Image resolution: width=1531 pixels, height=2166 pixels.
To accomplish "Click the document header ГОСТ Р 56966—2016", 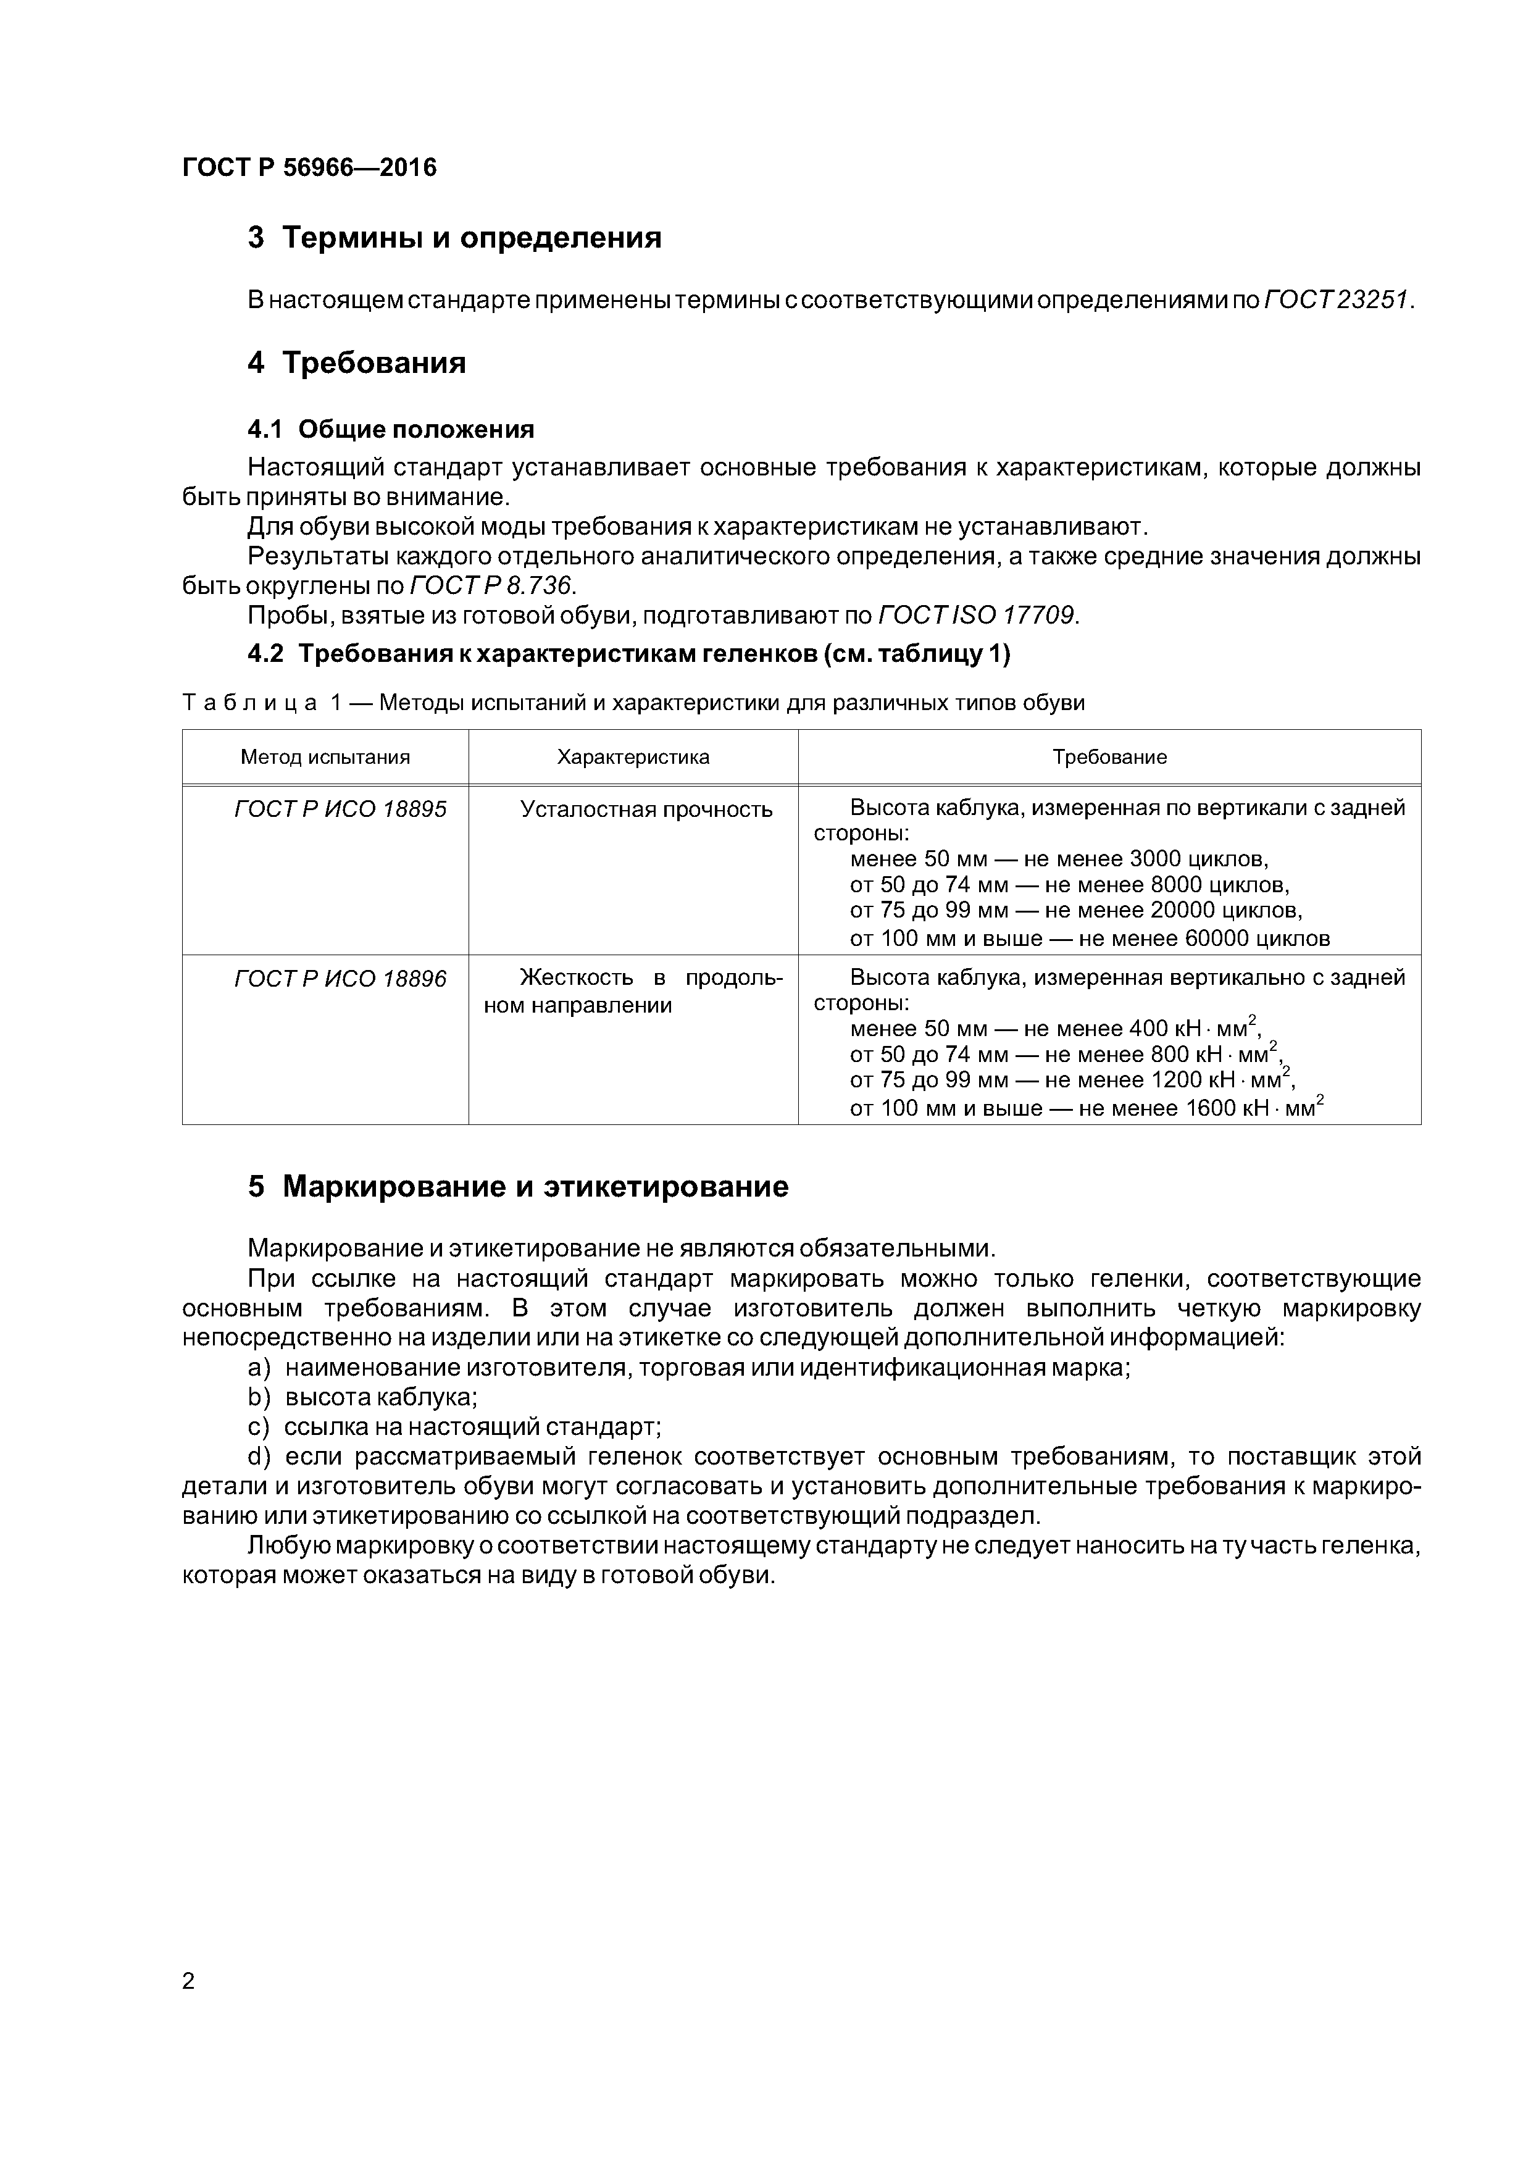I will coord(309,168).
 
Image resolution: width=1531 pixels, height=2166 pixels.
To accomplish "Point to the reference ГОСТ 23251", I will coord(1338,300).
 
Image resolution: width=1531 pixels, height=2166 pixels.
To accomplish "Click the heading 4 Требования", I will coord(357,363).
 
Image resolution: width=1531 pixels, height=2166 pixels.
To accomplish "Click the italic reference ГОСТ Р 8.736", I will coord(491,586).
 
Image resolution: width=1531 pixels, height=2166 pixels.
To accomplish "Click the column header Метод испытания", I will coord(325,756).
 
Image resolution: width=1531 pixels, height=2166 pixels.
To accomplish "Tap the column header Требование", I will coord(1109,756).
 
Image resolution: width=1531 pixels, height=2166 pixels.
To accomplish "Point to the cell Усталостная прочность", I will coord(646,809).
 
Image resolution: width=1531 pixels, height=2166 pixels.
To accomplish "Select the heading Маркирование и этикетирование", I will coord(518,1187).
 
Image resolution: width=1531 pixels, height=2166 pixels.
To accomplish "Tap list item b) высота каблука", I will coord(363,1396).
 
